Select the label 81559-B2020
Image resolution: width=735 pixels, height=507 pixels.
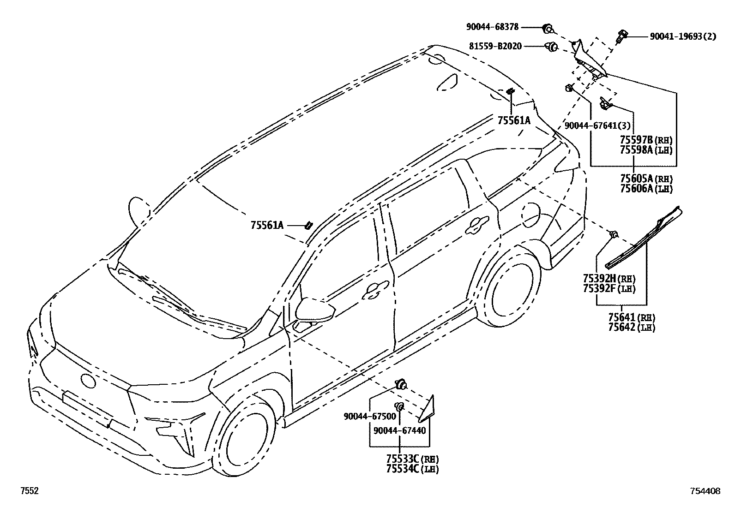(495, 46)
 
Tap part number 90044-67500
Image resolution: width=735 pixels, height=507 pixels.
(370, 416)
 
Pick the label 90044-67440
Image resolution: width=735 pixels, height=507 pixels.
(400, 431)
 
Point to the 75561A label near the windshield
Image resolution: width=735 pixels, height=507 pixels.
(267, 225)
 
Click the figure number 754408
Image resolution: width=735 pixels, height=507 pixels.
(705, 491)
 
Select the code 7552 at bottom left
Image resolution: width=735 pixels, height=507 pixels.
(29, 491)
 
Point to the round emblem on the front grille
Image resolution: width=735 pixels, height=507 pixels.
(88, 381)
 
